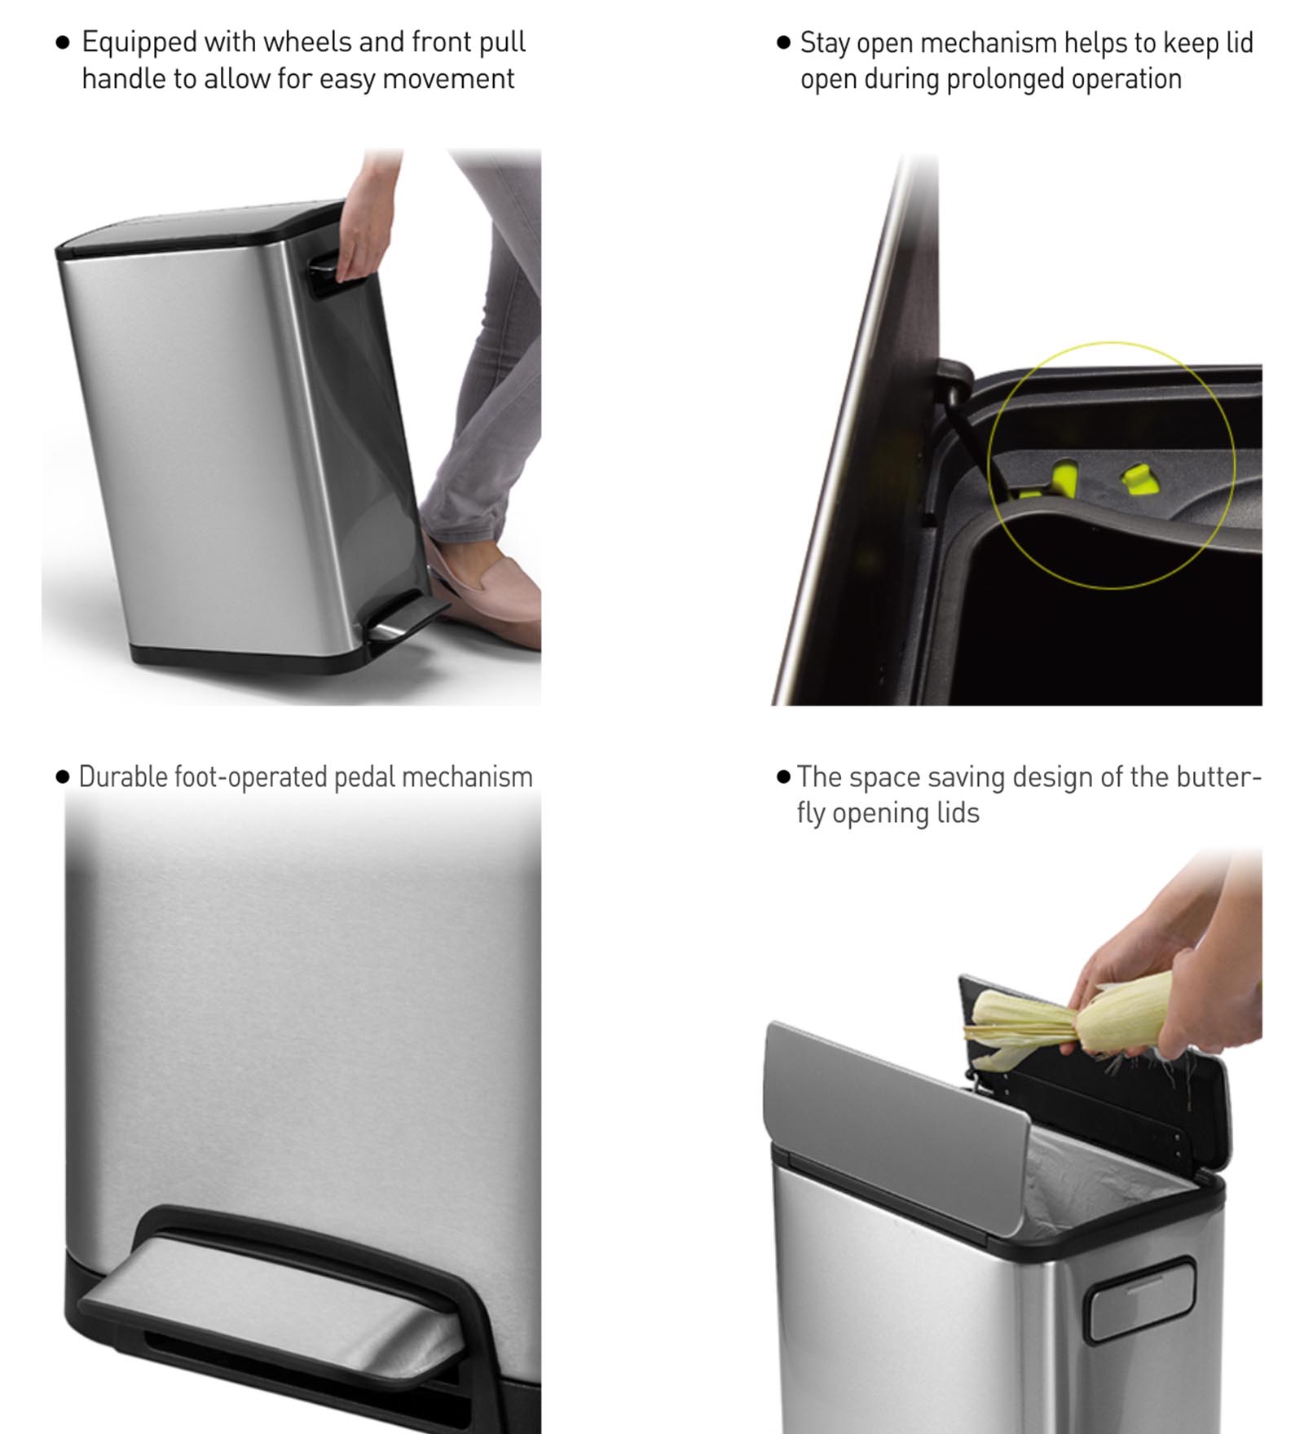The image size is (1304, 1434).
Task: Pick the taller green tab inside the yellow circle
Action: [x=1063, y=476]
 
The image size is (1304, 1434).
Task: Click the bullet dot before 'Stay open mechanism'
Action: [x=784, y=42]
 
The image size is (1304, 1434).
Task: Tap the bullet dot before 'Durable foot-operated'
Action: [x=63, y=776]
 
